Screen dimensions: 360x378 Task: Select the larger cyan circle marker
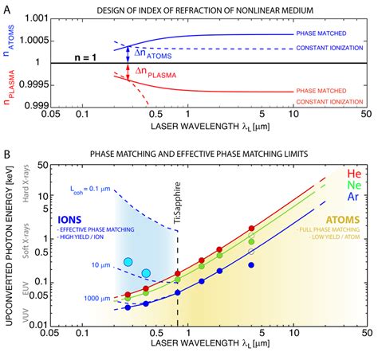[128, 262]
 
